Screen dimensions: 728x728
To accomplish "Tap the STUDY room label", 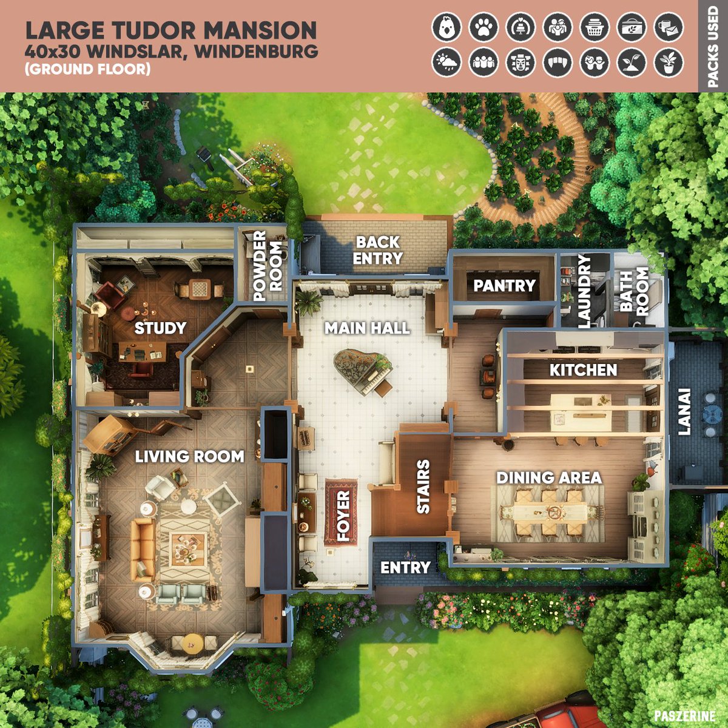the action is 161,328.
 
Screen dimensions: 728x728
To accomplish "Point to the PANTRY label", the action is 504,286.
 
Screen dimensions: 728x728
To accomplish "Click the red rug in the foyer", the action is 341,512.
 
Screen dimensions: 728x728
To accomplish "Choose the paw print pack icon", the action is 484,27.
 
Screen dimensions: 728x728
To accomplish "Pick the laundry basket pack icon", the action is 595,27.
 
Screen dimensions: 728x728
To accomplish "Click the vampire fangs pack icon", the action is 558,62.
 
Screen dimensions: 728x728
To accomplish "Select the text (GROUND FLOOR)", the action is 87,69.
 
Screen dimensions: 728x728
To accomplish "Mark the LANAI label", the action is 684,412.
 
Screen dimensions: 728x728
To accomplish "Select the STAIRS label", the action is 423,487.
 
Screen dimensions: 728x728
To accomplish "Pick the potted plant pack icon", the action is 669,62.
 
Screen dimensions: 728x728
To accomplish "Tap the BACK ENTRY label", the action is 377,250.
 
